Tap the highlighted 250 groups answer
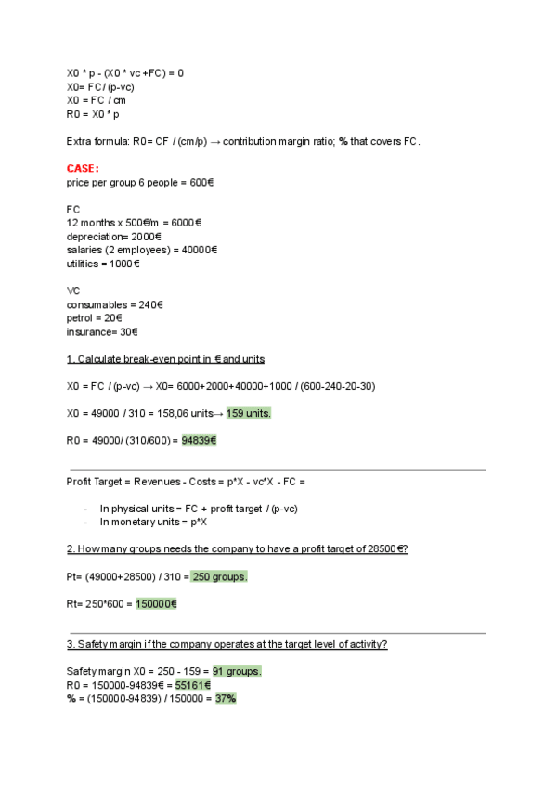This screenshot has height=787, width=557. point(219,576)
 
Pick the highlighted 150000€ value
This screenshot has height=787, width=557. point(156,603)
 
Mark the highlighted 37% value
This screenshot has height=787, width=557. point(226,698)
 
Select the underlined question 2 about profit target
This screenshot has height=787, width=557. point(237,548)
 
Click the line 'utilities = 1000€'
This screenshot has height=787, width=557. point(103,264)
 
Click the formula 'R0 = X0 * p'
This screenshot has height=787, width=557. point(93,114)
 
